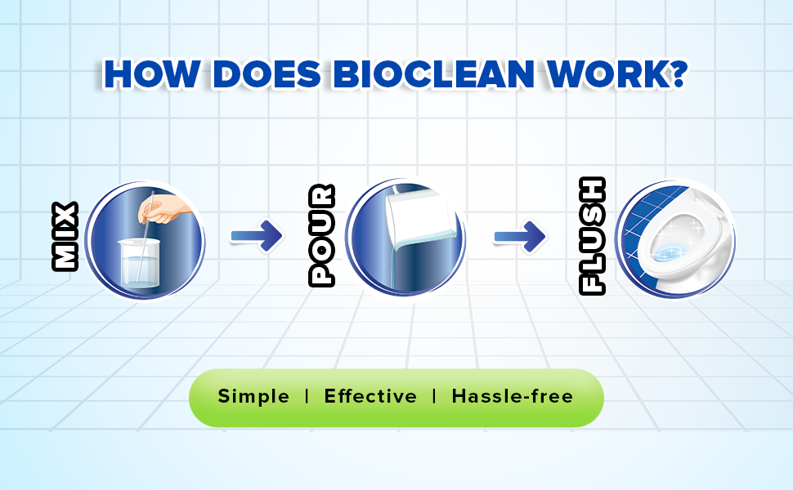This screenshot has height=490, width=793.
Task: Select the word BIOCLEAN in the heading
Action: (434, 74)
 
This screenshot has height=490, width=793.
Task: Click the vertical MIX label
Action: (65, 236)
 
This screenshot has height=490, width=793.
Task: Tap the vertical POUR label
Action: (321, 235)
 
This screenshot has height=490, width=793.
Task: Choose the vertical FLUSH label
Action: (592, 235)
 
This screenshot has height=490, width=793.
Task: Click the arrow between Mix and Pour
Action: (257, 235)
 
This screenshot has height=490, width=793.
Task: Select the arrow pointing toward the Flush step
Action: (520, 236)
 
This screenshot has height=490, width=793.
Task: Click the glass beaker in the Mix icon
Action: (140, 263)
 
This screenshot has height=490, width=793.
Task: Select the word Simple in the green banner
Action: (253, 397)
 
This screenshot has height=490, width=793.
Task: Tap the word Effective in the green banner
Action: (370, 397)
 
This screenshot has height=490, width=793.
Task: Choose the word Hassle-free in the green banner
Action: (513, 397)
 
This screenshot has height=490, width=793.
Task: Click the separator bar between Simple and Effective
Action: (307, 397)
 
